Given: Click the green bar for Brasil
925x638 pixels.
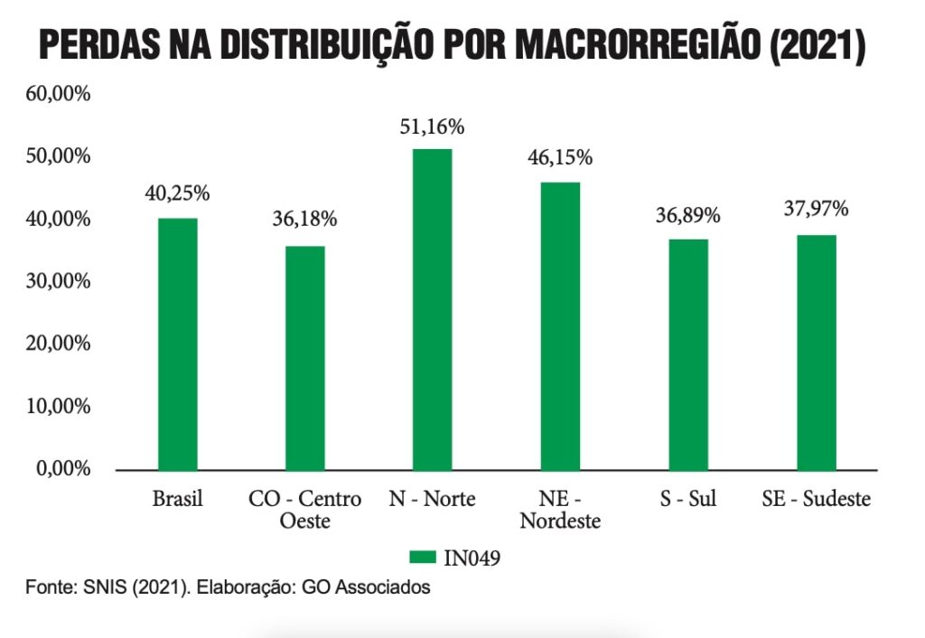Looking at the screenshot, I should pos(177,343).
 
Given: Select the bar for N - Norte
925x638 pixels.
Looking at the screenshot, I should pos(432,309).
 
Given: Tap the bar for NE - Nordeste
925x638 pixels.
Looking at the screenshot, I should pos(560,325).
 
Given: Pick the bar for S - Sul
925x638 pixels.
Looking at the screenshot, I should pos(688,354).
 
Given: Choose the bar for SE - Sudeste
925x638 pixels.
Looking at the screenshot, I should pos(816,352).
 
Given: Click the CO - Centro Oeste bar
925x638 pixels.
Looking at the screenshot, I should pos(304,358).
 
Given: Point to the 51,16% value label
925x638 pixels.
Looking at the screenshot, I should pos(432,127).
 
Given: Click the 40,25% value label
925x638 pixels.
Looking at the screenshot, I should pos(177,192).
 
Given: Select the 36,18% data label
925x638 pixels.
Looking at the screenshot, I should pos(304,219).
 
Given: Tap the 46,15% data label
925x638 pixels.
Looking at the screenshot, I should pos(560,158).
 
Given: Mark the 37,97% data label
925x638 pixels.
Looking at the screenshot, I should pos(816,210).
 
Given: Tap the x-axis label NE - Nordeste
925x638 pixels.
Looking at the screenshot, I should pos(560,510).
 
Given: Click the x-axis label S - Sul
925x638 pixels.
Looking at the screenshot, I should pos(687,499).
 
